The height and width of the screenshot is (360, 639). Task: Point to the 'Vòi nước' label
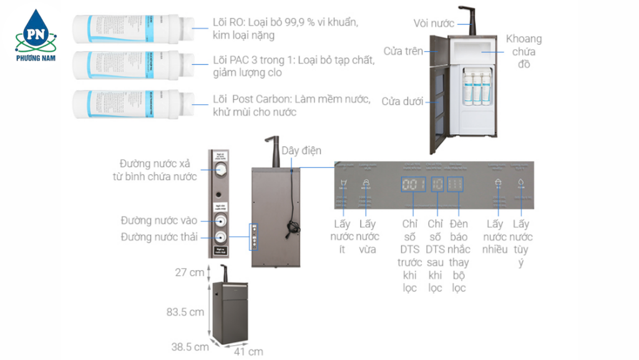coord(434,23)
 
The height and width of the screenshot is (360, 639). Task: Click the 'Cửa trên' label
coord(403,51)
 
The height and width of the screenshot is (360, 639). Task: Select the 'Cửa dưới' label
coord(402,101)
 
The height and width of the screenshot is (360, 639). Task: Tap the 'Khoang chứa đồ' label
coord(524,51)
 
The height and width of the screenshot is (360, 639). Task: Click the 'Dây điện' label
coord(301,151)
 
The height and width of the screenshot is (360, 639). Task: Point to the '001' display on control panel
coord(413,184)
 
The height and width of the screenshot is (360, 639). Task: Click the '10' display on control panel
coord(437,184)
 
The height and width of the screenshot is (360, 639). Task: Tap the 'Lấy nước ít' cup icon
coord(343,183)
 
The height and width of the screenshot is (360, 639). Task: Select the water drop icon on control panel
coord(520,183)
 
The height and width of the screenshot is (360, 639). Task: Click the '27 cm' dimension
coord(189,272)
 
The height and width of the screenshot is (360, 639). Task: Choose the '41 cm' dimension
coord(248,351)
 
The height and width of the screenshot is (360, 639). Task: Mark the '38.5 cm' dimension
coord(190,347)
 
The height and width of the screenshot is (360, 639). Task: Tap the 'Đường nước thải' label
coord(159,236)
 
